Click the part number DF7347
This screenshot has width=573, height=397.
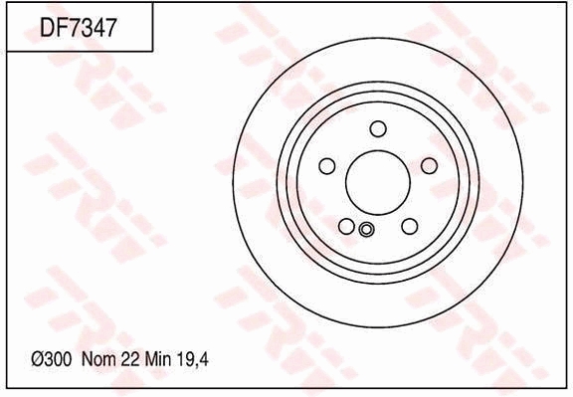point(79,29)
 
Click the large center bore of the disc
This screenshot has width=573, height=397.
point(377,180)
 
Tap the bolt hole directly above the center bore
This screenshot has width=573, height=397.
point(377,128)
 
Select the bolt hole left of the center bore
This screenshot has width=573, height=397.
point(327,166)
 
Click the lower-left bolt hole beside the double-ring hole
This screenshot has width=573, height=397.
point(346,226)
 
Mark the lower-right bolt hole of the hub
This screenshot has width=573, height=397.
point(409,226)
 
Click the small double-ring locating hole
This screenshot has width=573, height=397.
point(365,231)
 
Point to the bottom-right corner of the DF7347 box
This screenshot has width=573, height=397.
point(152,51)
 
